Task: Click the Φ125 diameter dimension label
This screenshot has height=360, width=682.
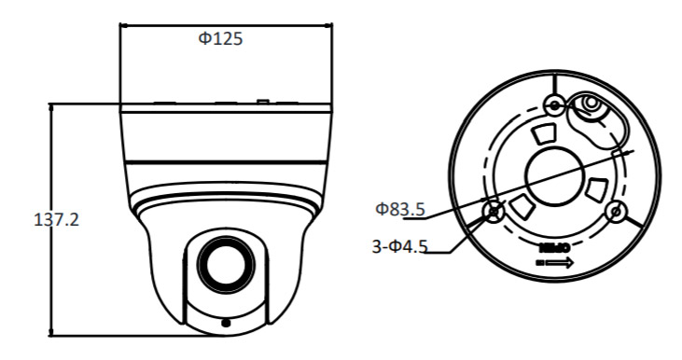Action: click(220, 38)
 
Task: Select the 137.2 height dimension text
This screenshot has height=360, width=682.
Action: click(57, 219)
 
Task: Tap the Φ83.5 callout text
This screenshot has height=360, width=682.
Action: click(399, 209)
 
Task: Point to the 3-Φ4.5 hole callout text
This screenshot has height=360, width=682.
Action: click(399, 246)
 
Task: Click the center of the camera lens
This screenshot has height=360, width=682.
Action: click(226, 265)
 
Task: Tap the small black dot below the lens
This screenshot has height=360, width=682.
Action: click(225, 323)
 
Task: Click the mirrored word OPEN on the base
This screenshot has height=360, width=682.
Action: click(553, 248)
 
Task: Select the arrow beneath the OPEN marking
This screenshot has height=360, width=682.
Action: click(559, 263)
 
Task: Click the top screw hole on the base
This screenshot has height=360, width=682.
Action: click(555, 104)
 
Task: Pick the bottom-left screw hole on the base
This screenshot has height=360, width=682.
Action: click(494, 212)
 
